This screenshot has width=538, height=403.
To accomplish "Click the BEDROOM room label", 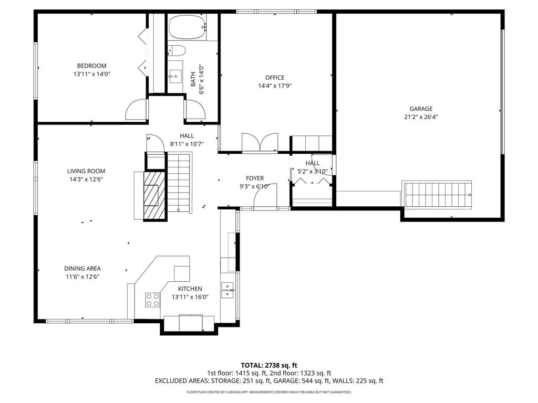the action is [91, 66].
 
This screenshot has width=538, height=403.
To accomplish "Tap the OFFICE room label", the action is [275, 78].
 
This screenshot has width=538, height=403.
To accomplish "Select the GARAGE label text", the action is [421, 109].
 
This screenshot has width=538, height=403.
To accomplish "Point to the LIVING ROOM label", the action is [86, 171].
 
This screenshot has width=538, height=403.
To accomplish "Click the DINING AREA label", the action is [82, 269].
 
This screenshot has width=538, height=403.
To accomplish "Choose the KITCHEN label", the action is [190, 289].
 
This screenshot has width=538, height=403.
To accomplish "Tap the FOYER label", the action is [255, 178].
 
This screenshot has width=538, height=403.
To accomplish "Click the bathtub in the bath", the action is [188, 27].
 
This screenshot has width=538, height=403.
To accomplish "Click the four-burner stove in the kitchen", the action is [153, 300].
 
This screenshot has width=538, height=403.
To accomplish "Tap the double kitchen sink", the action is [227, 290].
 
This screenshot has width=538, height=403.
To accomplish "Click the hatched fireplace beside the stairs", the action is [154, 195].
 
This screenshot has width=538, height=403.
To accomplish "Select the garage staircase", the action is [437, 195].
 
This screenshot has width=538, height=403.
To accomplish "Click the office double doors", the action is [260, 142].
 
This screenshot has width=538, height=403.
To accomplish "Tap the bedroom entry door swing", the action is [136, 109].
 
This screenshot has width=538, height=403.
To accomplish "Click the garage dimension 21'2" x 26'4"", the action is [421, 117].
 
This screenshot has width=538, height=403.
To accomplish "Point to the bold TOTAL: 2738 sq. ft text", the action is [268, 365].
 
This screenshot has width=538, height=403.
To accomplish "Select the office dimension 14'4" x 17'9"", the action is [275, 86].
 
